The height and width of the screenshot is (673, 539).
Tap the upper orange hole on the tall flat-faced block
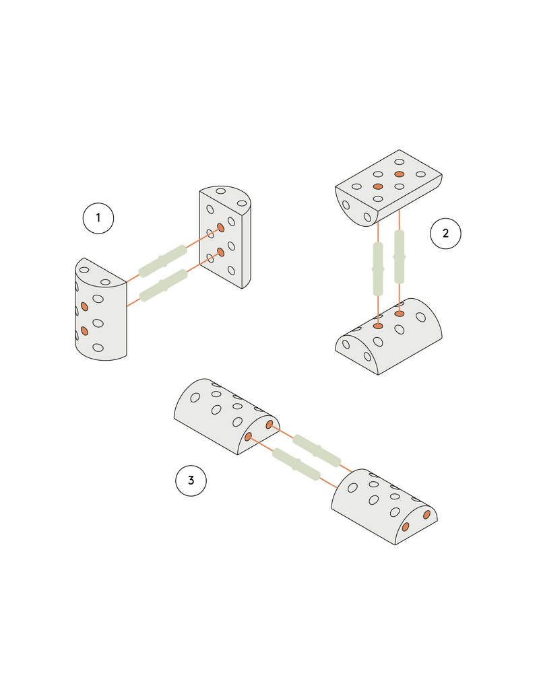(220, 228)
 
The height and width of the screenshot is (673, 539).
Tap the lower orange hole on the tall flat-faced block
(220, 252)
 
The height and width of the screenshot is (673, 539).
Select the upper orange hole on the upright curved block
(84, 306)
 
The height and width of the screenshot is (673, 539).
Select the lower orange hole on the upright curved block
(84, 330)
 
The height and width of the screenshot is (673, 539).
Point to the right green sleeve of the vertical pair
(400, 255)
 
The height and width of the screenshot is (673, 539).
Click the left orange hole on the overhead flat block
(378, 186)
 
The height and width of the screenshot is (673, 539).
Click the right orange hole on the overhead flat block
(400, 174)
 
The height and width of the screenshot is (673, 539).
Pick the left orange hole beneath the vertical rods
(378, 326)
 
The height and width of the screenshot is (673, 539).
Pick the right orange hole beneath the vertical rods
(400, 314)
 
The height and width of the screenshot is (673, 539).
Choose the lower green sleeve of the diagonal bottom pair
(294, 464)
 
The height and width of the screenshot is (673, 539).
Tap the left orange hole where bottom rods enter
(248, 437)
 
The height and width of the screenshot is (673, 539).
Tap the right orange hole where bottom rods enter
(269, 425)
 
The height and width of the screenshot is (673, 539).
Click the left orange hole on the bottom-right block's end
(405, 527)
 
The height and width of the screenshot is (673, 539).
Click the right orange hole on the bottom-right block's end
(426, 515)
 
